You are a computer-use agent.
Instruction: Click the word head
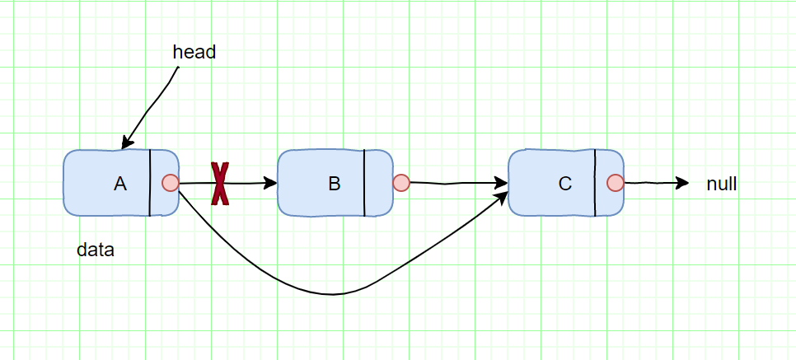(194, 52)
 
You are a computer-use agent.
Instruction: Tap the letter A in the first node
(120, 185)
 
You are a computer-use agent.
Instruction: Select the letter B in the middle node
(335, 185)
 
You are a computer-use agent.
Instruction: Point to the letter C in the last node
(565, 185)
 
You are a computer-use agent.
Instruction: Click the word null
(722, 185)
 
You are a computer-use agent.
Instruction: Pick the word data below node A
(96, 250)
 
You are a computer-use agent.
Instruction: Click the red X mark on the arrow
(220, 183)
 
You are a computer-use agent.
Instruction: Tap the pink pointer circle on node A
(171, 183)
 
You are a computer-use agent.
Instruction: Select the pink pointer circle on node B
(401, 183)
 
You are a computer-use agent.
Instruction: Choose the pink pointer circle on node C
(615, 183)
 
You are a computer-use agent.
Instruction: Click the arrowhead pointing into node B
(271, 183)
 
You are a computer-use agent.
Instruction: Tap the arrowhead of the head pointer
(126, 143)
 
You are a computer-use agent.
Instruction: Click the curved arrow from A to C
(334, 293)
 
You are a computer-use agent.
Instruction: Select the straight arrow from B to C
(453, 183)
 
